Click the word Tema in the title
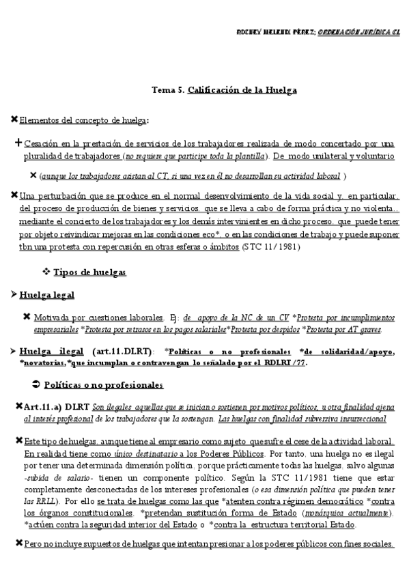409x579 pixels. tap(163, 89)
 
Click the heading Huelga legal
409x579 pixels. tap(47, 295)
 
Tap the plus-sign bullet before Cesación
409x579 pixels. tap(17, 143)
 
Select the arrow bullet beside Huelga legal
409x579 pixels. tap(14, 295)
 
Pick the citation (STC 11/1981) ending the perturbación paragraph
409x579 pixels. tap(269, 246)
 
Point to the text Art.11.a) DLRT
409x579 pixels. tap(55, 406)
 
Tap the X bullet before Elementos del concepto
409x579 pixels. tap(15, 121)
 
